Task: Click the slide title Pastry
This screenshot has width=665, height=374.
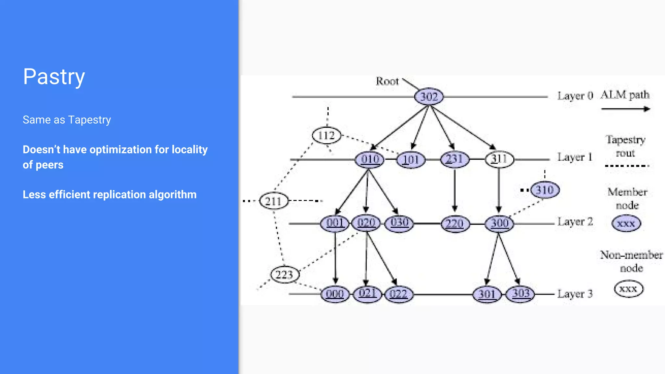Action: [54, 77]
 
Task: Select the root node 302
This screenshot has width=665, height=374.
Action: [429, 96]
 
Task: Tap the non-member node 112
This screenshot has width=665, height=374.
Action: [326, 135]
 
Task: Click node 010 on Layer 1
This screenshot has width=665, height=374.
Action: [370, 159]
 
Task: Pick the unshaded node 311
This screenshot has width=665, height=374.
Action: [499, 159]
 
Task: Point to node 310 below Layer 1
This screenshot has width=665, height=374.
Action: [545, 190]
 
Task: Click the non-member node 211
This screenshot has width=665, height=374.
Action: [273, 201]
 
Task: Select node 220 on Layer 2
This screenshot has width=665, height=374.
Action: [455, 224]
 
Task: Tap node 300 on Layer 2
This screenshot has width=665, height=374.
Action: [499, 223]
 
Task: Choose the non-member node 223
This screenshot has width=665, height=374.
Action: [284, 275]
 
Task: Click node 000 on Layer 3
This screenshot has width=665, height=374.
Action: [335, 294]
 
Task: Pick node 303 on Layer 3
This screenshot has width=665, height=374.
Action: [521, 294]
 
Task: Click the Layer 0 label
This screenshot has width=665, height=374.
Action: [575, 96]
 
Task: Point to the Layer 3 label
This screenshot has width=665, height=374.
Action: [575, 294]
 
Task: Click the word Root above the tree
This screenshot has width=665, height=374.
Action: [387, 81]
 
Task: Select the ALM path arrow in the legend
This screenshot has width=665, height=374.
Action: [625, 109]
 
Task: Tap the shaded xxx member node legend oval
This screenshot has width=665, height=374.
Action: [626, 224]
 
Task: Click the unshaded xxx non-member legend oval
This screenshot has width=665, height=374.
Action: [628, 289]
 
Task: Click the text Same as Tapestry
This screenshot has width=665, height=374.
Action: [67, 120]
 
